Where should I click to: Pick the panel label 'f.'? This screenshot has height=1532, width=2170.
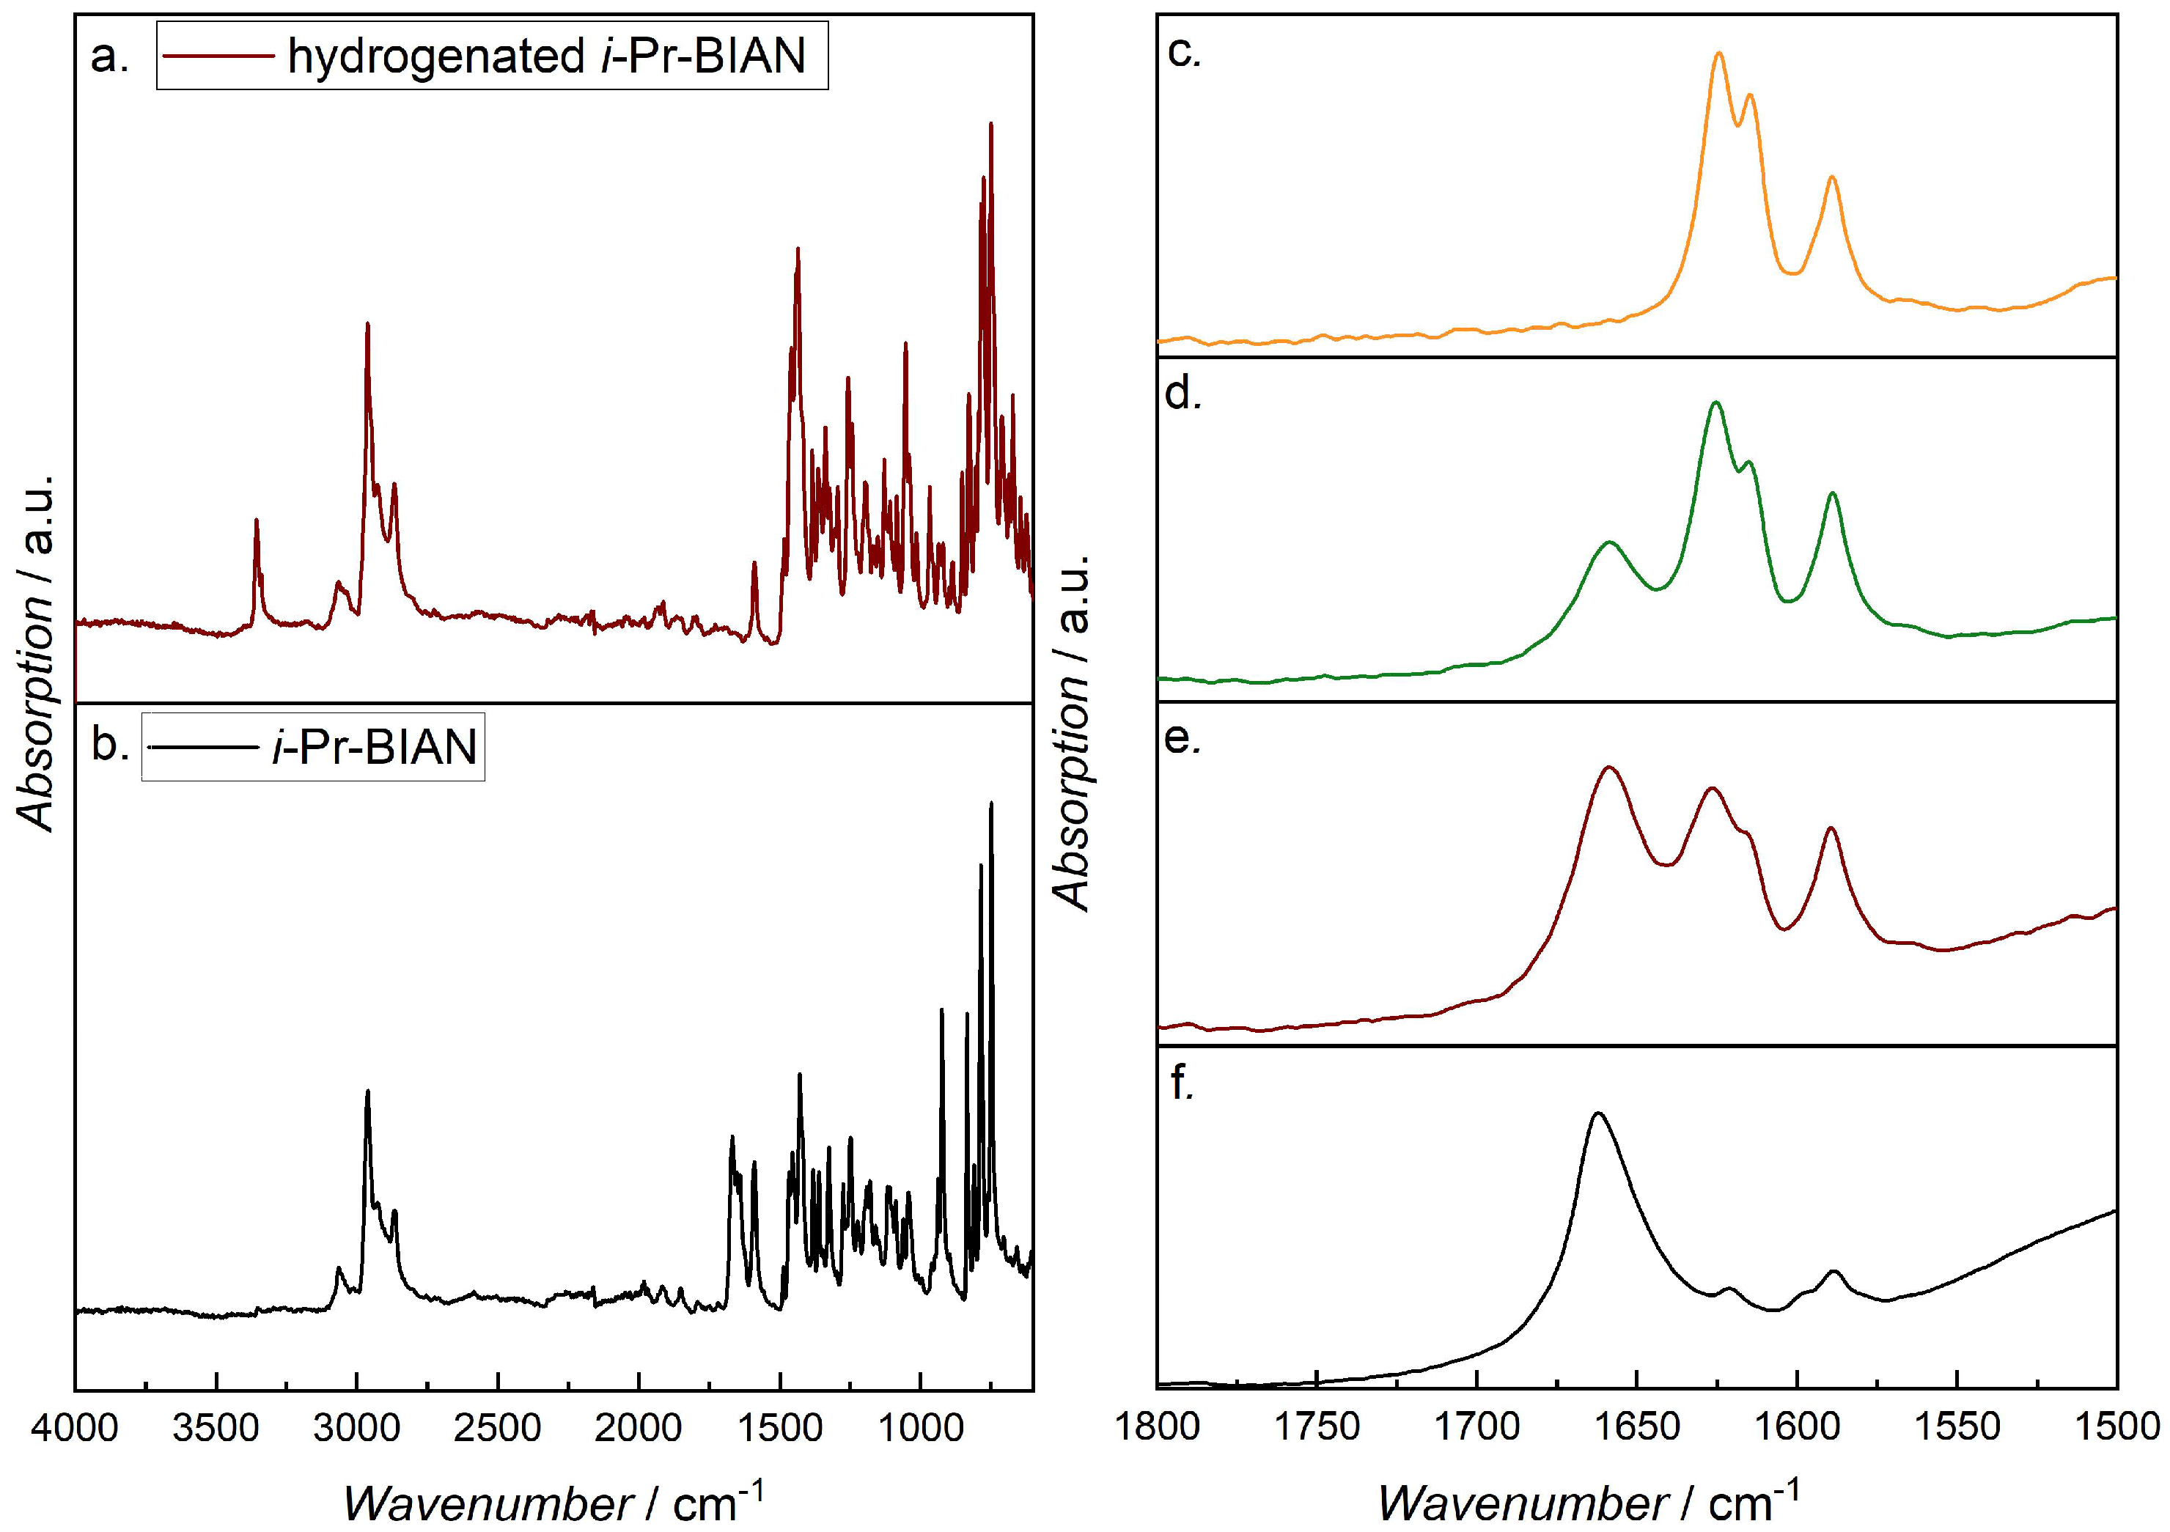click(1181, 1083)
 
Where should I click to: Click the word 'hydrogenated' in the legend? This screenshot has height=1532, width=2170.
click(437, 56)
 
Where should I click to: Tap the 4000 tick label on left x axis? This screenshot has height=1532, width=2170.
click(75, 1428)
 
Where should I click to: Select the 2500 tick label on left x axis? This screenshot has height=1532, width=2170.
click(498, 1428)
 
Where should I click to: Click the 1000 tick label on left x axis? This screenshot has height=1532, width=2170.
click(919, 1428)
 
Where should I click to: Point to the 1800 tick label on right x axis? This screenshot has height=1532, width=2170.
click(1158, 1426)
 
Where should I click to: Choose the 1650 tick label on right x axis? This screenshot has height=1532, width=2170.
click(1636, 1426)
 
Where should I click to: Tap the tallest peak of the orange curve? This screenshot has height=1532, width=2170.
click(1718, 54)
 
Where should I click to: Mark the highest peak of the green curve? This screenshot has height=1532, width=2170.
click(1715, 404)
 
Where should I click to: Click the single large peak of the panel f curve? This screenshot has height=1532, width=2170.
click(1598, 1114)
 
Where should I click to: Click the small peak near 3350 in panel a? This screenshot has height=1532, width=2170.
click(256, 520)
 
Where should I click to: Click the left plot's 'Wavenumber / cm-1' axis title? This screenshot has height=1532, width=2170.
click(553, 1502)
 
